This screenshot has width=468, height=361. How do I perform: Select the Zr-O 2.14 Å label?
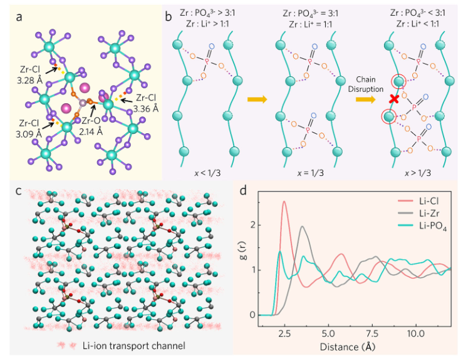[91, 128]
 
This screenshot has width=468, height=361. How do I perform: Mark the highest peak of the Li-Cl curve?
[284, 201]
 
